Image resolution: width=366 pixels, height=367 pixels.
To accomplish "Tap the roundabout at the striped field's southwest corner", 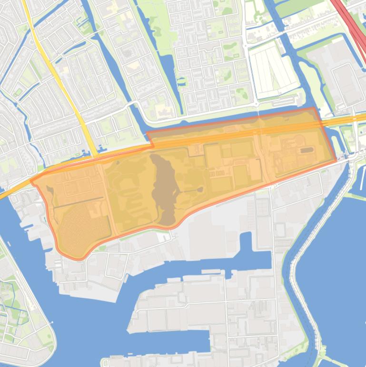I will (256, 103).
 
